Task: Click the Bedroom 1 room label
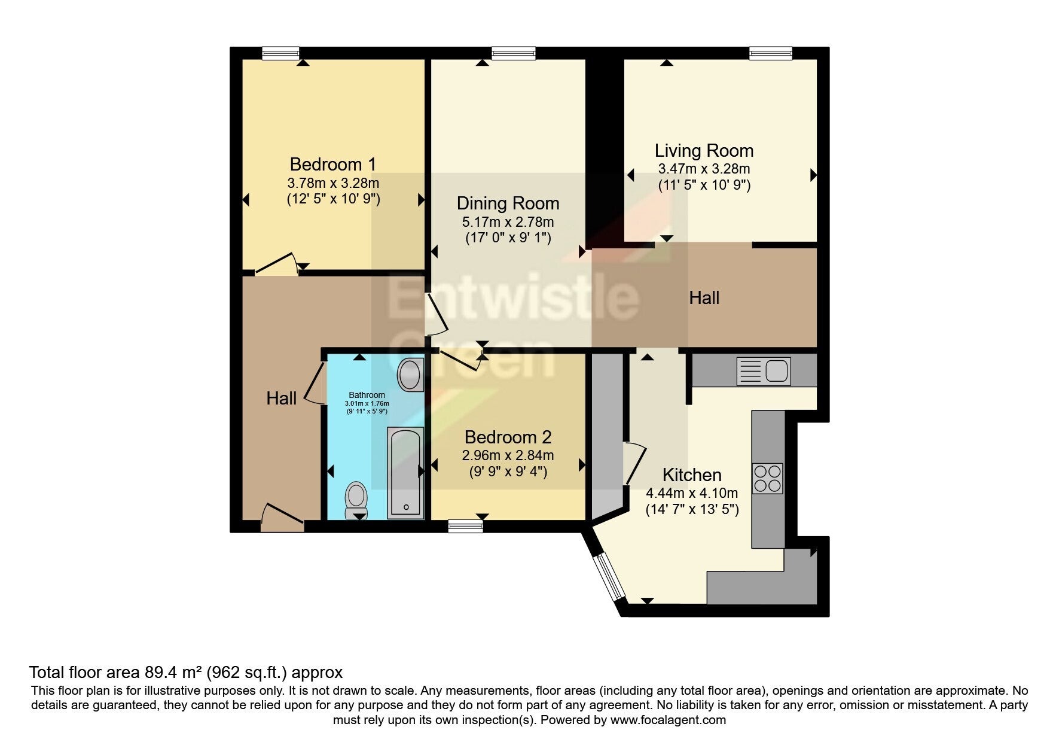[333, 164]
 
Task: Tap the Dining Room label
[508, 203]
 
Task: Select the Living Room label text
[704, 151]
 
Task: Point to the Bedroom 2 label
[508, 437]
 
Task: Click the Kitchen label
[692, 475]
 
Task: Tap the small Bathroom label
[367, 395]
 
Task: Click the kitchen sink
[764, 370]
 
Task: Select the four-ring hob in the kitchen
[768, 478]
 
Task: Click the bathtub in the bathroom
[405, 473]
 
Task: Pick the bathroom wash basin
[410, 375]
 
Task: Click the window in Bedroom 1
[280, 54]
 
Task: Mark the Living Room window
[771, 54]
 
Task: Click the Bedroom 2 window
[465, 527]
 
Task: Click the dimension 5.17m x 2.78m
[508, 222]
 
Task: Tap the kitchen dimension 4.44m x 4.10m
[692, 494]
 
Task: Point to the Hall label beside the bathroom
[282, 399]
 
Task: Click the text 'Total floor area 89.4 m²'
[115, 672]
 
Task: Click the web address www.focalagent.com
[668, 720]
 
